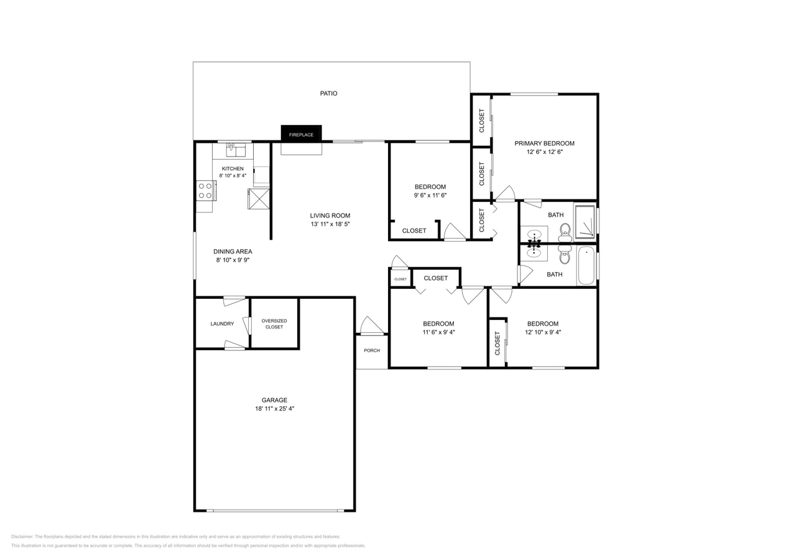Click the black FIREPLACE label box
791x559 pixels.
coord(301,134)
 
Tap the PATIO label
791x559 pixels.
coord(328,93)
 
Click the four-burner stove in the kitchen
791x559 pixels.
coord(206,191)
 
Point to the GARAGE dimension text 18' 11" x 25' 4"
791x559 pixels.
coord(274,409)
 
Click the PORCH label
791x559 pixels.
coord(372,351)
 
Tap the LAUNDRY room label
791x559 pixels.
coord(222,324)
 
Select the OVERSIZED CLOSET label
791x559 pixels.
coord(274,324)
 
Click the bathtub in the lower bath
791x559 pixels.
coord(586,266)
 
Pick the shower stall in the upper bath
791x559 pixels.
coord(585,222)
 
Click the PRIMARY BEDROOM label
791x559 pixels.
coord(544,143)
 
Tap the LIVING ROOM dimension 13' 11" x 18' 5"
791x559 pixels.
coord(330,224)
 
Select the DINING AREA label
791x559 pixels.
coord(233,252)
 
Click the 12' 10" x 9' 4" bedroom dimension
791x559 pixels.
coord(543,332)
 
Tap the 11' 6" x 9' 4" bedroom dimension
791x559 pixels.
coord(438,332)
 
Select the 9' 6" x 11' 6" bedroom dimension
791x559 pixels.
coord(430,196)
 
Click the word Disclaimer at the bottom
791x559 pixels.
coord(22,537)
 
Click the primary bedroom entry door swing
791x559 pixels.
coord(505,194)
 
